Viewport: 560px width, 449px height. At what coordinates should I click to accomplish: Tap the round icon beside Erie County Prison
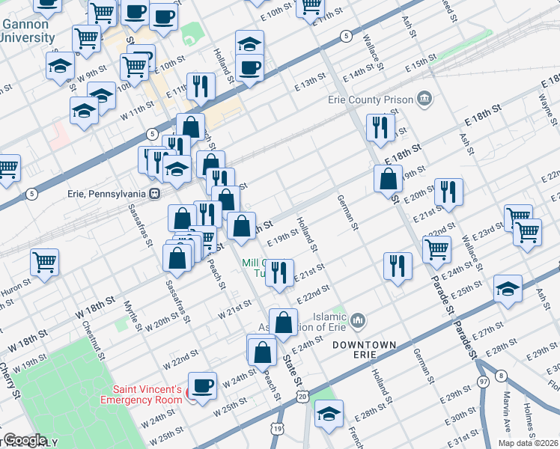coord(424,99)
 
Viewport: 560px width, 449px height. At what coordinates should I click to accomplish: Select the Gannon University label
coord(27,31)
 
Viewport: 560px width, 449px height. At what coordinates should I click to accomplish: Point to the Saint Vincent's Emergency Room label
coord(147,394)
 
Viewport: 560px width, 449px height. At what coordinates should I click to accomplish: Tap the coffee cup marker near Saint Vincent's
coord(201,385)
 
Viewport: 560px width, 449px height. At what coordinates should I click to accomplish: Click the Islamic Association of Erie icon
coord(358,320)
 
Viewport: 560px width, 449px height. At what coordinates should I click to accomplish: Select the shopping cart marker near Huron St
coord(45,263)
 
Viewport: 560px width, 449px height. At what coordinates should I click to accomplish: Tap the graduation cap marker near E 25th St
coord(508,289)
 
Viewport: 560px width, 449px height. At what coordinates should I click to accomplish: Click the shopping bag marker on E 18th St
coord(388,179)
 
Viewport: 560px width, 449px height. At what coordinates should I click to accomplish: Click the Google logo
coord(25,440)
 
